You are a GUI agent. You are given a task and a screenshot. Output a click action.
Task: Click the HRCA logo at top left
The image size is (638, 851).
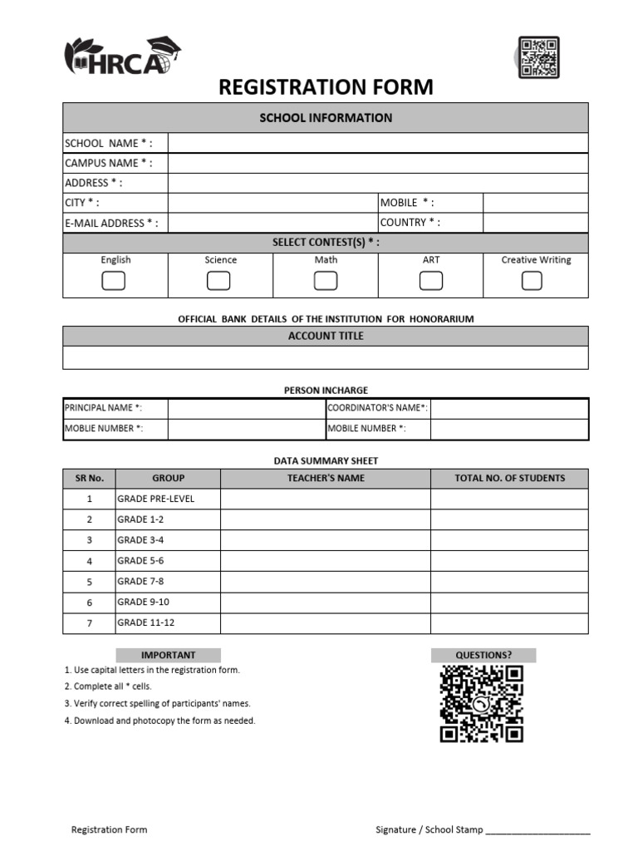[122, 57]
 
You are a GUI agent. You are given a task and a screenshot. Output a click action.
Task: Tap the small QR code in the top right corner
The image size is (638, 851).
[538, 57]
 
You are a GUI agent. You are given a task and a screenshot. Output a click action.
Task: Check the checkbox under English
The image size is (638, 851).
[114, 281]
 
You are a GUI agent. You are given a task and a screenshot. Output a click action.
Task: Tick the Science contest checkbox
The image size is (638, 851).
[218, 281]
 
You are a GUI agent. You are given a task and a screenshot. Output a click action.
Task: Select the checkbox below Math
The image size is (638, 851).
[326, 281]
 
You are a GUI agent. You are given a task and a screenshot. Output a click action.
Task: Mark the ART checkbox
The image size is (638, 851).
[430, 281]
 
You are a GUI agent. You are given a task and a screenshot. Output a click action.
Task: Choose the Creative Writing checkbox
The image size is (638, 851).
[532, 281]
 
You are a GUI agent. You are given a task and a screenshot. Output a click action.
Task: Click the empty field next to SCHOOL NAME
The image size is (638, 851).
[378, 143]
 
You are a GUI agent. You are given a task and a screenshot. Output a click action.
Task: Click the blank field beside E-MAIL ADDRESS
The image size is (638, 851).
[272, 223]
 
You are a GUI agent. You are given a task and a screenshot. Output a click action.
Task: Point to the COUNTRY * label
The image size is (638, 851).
[410, 223]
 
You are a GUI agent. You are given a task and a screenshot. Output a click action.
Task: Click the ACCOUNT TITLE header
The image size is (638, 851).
[326, 336]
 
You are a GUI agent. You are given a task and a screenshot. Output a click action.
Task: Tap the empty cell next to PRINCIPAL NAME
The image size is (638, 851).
[246, 408]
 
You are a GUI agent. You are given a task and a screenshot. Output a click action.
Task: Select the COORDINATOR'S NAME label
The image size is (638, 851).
[378, 408]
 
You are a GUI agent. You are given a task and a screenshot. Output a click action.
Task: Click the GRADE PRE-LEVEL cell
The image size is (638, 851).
[167, 499]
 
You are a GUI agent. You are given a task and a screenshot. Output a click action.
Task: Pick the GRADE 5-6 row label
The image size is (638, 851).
[167, 561]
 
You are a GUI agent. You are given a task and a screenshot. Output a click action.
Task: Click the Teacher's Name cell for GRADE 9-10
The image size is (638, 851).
[325, 602]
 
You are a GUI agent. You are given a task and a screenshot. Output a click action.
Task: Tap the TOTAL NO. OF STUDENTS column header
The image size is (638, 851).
[509, 478]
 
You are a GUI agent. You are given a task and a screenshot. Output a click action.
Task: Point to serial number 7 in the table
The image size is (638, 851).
[89, 622]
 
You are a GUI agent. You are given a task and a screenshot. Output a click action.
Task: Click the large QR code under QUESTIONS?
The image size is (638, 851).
[482, 704]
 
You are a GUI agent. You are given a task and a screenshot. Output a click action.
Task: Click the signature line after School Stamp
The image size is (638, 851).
[537, 829]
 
